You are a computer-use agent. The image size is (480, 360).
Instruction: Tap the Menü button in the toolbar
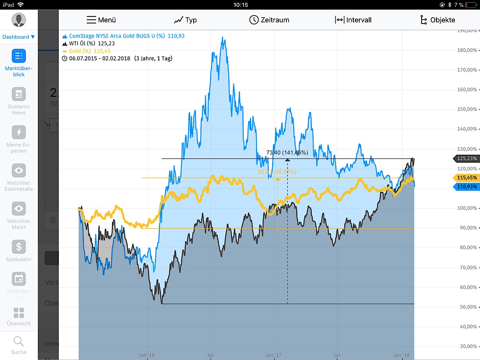101,20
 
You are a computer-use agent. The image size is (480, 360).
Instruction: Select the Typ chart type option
185,20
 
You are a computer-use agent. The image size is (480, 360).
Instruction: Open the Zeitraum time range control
269,20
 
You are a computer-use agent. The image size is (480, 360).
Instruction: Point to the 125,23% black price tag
466,158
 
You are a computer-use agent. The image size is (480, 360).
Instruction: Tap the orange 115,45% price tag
466,178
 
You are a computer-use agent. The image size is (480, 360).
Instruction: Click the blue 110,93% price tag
466,187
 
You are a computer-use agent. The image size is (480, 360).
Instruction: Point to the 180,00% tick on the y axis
466,50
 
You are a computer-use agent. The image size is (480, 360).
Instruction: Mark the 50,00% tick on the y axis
466,307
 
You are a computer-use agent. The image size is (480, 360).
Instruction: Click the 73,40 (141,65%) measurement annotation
287,153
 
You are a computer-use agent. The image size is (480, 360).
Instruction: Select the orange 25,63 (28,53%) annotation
277,172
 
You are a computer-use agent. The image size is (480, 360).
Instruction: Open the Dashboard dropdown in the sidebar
18,37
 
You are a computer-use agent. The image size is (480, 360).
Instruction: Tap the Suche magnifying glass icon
19,342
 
